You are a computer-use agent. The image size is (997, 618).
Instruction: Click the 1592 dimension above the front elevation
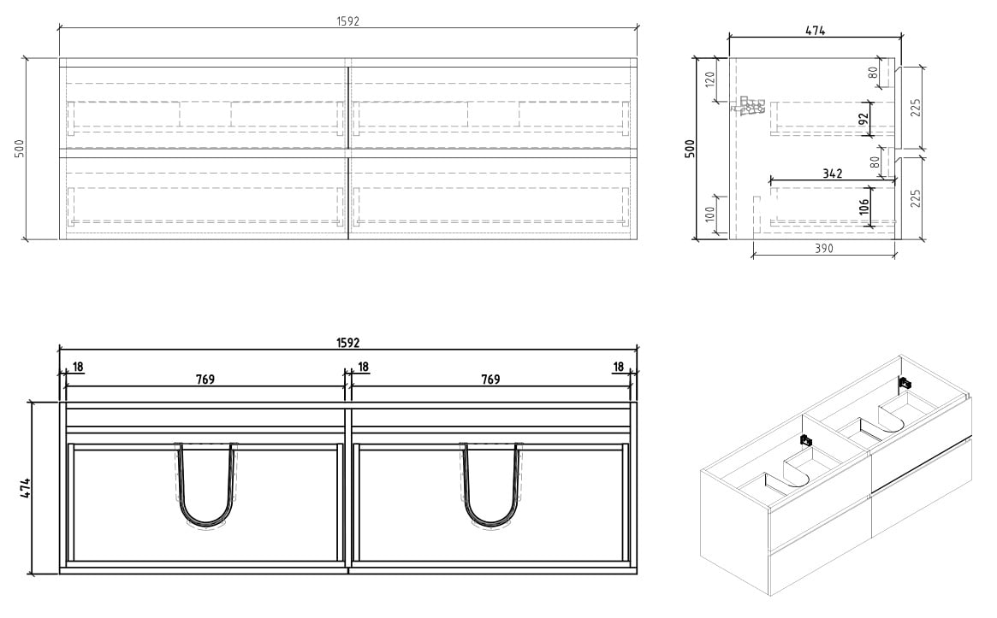tap(347, 21)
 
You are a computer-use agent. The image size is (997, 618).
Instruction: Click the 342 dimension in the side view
tap(832, 174)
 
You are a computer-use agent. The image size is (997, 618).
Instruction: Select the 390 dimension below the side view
tap(823, 249)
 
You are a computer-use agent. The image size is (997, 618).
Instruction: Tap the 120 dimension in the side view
tap(710, 79)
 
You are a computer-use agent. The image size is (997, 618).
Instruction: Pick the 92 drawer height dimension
tap(863, 120)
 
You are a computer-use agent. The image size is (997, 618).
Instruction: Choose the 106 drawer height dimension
tap(863, 206)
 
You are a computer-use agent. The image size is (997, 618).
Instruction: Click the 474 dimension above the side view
tap(815, 30)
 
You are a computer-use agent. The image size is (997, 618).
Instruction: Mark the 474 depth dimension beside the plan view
tap(26, 488)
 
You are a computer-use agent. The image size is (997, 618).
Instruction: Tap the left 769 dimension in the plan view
tap(205, 380)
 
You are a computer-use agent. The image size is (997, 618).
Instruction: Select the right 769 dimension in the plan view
tap(490, 380)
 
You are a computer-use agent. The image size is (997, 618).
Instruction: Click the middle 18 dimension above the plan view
tap(364, 367)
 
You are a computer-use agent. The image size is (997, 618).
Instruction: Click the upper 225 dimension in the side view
tap(916, 108)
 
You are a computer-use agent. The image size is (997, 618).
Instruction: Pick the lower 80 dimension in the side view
tap(875, 162)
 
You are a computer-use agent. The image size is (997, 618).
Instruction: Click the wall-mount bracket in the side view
tap(748, 106)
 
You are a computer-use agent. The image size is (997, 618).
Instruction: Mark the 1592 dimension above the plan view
tap(347, 343)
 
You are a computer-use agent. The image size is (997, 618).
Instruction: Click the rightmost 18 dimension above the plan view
tap(618, 367)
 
